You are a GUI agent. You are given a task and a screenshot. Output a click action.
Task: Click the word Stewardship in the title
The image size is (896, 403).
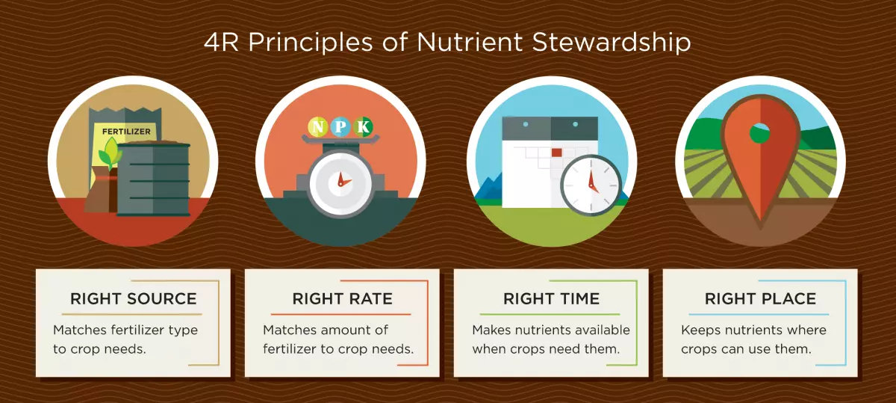click(x=612, y=43)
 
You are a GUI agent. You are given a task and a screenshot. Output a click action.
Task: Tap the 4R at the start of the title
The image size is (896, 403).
click(x=221, y=42)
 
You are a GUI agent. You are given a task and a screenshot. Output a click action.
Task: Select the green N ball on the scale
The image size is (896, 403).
click(x=318, y=127)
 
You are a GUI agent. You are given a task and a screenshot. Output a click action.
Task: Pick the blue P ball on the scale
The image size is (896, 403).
click(x=340, y=127)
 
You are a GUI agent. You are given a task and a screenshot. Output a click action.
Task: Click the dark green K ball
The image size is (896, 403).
click(x=363, y=127)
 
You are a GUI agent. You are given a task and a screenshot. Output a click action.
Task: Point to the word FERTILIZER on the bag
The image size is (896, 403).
click(x=126, y=132)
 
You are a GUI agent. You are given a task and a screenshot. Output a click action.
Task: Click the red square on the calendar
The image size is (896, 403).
click(x=556, y=153)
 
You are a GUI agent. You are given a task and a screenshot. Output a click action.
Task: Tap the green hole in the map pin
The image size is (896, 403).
click(x=759, y=133)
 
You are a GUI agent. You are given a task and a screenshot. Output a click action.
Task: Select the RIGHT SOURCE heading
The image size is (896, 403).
click(x=134, y=299)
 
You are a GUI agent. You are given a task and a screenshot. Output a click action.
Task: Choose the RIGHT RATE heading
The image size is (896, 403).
click(x=343, y=299)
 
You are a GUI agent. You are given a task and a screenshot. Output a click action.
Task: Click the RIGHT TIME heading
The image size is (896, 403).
click(x=552, y=299)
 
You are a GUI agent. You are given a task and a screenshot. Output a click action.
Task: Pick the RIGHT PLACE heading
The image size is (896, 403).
click(x=760, y=299)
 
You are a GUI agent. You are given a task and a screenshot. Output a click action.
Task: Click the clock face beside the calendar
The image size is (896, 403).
click(x=591, y=185)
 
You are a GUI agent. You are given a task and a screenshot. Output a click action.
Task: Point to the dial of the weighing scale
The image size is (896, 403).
click(x=340, y=183)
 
